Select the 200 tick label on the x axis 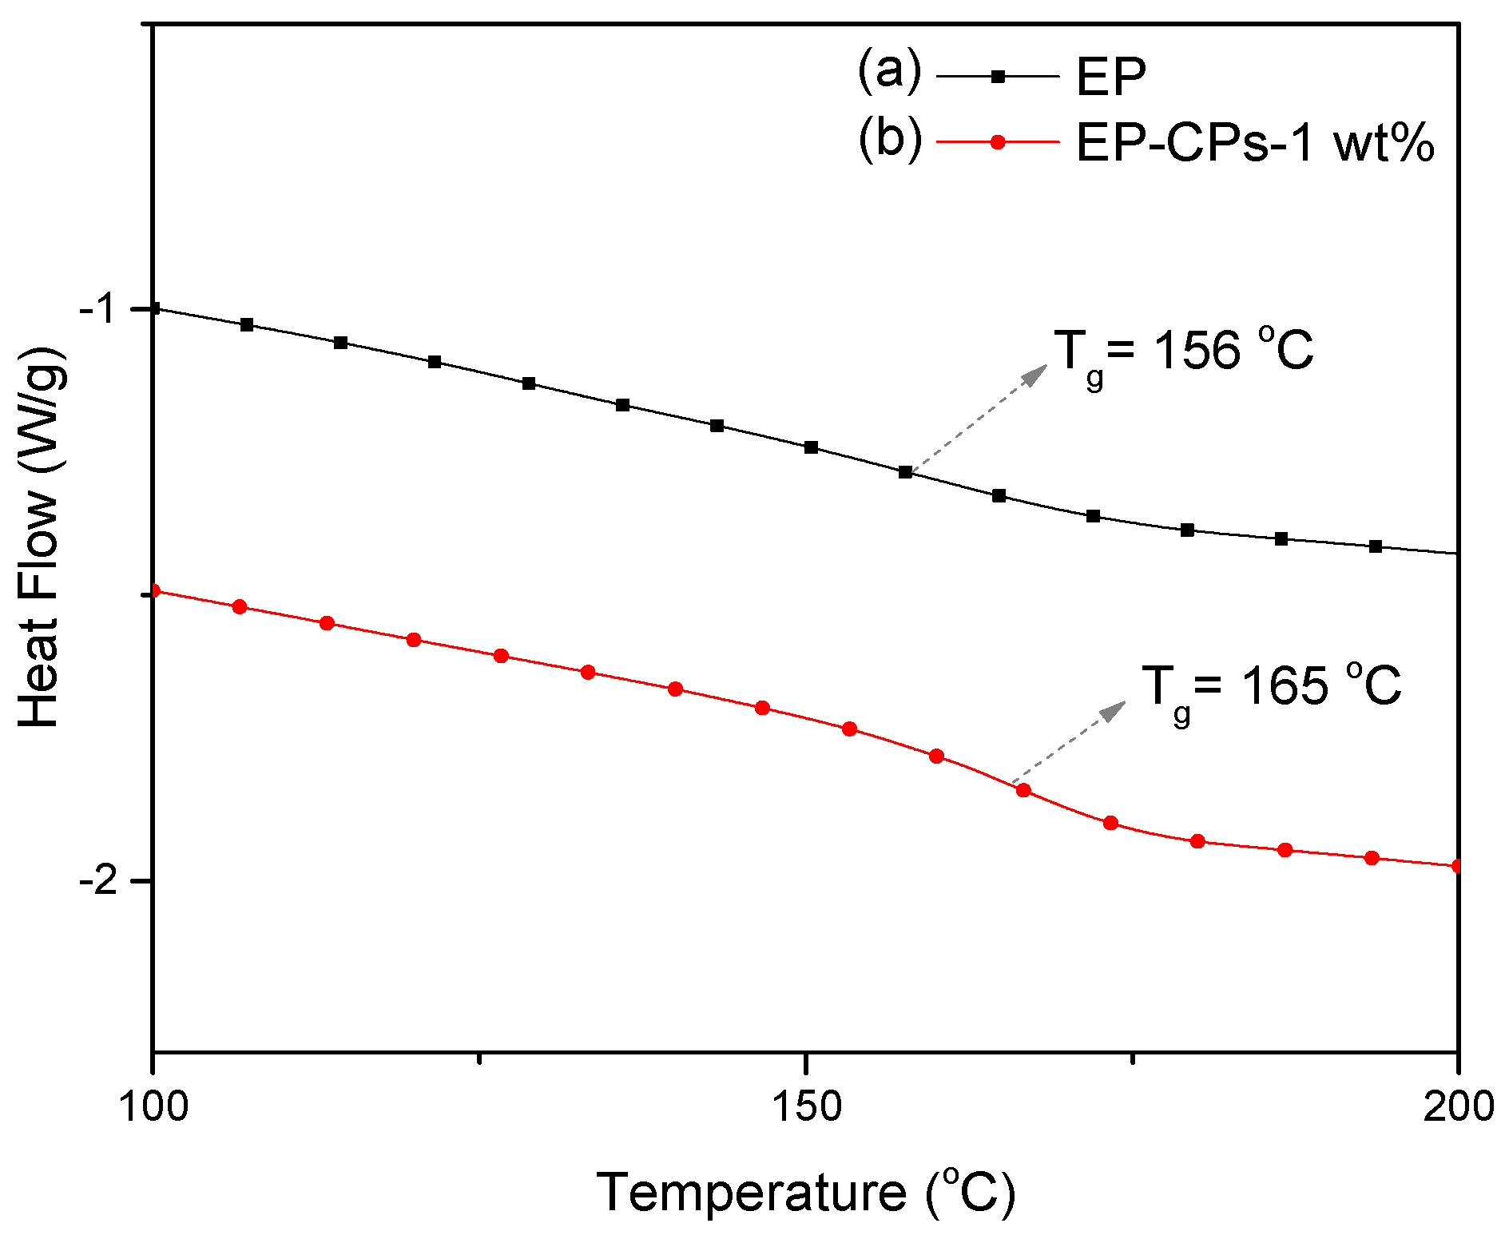tap(1459, 1106)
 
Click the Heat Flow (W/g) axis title tap(40, 537)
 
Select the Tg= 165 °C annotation tap(1271, 689)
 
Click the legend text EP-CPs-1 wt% tap(1255, 144)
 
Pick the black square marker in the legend tap(997, 77)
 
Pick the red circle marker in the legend tap(997, 142)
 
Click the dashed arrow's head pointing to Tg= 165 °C tap(1118, 707)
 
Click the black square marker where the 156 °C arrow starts tap(905, 472)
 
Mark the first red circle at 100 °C tap(154, 591)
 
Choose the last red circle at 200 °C tap(1457, 866)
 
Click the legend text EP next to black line tap(1110, 77)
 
